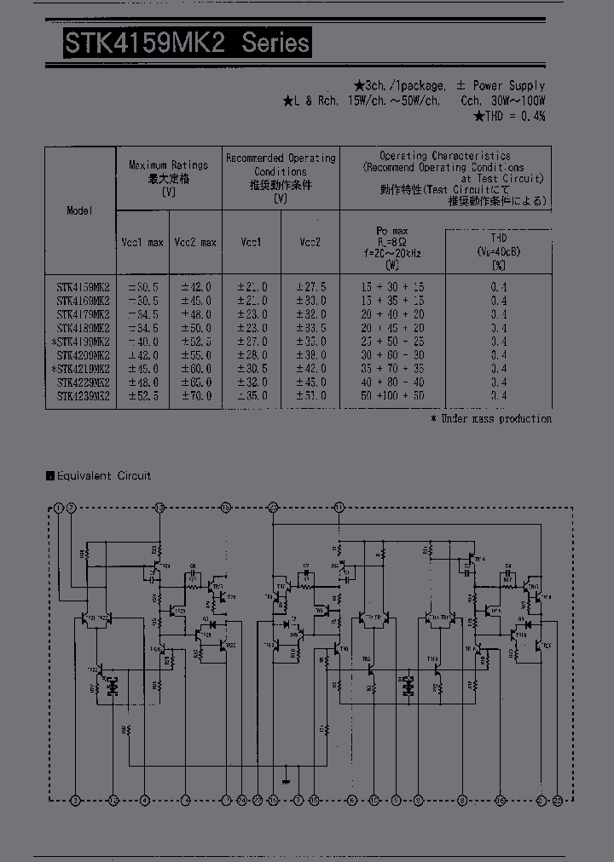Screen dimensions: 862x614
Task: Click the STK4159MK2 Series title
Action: (187, 43)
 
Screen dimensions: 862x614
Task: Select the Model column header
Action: (79, 210)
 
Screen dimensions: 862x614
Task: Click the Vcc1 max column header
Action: (142, 243)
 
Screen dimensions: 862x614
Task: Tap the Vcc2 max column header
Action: (195, 243)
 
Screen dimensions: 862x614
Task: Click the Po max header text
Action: (392, 231)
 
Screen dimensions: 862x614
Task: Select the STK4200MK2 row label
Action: (84, 355)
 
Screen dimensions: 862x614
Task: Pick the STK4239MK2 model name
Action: (84, 396)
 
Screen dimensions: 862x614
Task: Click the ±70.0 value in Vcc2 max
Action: (195, 396)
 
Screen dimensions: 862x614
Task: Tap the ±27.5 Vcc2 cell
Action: (310, 288)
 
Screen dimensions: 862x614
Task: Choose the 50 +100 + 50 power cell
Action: (392, 396)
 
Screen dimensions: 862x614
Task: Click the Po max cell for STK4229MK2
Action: (392, 382)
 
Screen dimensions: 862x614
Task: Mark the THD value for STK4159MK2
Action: (499, 288)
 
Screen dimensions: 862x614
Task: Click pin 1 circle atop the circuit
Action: (58, 508)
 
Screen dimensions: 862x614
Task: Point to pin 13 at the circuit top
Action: (159, 508)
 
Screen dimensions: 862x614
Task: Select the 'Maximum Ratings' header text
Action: (168, 165)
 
